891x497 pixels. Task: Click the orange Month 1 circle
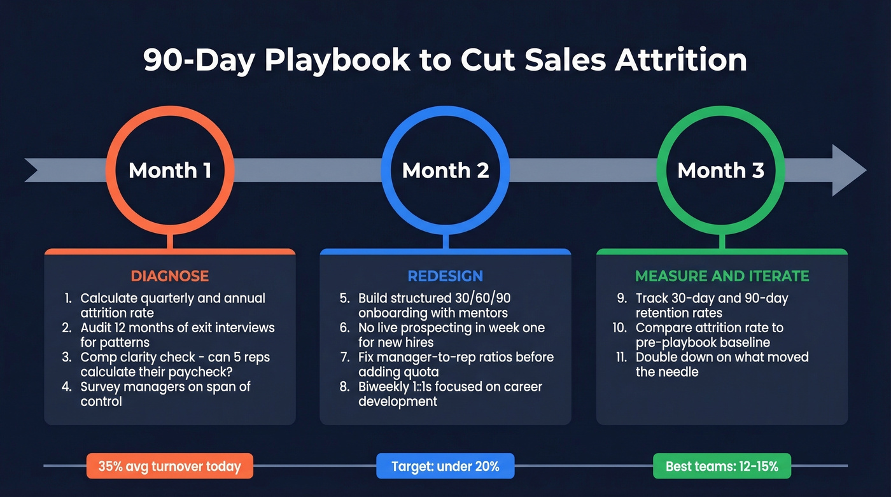pyautogui.click(x=170, y=171)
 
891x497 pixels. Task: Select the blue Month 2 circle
pyautogui.click(x=445, y=171)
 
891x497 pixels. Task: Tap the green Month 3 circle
pyautogui.click(x=720, y=171)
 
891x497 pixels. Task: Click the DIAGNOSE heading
pyautogui.click(x=170, y=276)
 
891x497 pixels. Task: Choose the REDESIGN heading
pyautogui.click(x=445, y=276)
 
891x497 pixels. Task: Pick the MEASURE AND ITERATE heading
pyautogui.click(x=722, y=276)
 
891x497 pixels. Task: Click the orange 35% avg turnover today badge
pyautogui.click(x=169, y=466)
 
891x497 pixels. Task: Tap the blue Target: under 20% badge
pyautogui.click(x=445, y=466)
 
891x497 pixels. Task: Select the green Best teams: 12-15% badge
pyautogui.click(x=722, y=466)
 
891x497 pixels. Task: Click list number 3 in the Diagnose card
pyautogui.click(x=67, y=358)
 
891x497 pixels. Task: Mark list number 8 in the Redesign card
pyautogui.click(x=344, y=387)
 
